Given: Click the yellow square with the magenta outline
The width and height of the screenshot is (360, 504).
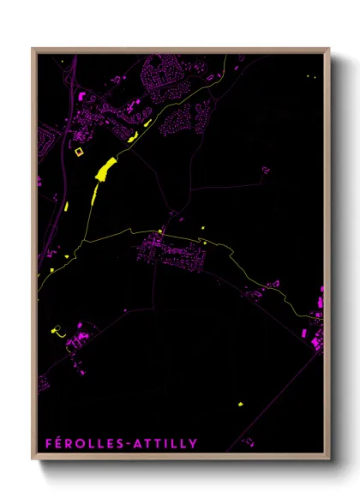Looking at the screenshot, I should [80, 152].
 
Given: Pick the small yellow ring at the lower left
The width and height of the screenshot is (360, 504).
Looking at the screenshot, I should [57, 328].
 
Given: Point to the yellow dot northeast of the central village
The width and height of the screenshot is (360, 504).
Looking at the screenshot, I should [204, 226].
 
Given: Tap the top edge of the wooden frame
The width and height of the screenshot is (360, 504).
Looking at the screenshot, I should [180, 49].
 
